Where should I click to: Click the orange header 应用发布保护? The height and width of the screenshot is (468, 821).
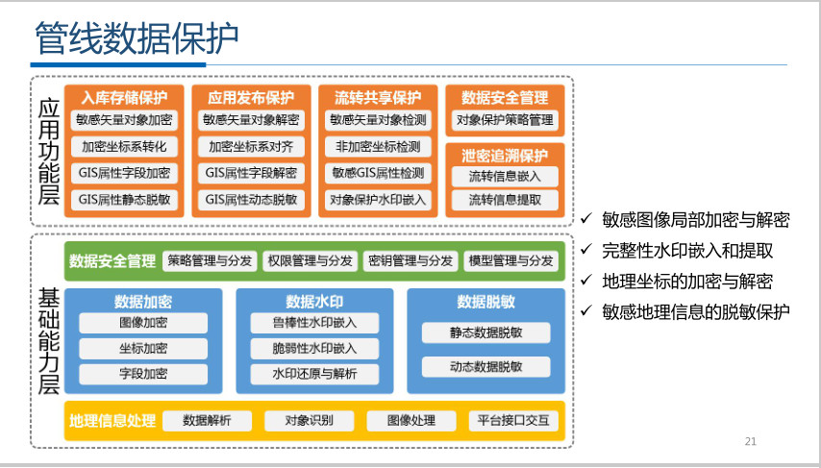[x=251, y=97]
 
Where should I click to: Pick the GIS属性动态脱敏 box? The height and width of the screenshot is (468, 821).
[x=251, y=200]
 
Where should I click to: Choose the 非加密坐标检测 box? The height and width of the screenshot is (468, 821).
[x=378, y=147]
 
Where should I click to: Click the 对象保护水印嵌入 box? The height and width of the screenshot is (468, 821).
[x=378, y=200]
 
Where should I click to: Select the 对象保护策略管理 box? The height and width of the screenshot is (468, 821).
[x=505, y=121]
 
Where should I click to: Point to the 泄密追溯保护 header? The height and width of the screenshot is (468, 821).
[x=505, y=155]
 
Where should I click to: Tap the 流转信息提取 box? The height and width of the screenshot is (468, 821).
[x=505, y=200]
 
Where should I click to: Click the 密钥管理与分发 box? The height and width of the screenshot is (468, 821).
[x=410, y=260]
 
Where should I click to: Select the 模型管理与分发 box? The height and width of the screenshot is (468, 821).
[x=510, y=260]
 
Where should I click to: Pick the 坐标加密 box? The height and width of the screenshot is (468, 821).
[x=143, y=349]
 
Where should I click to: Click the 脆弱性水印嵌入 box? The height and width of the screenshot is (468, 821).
[x=314, y=349]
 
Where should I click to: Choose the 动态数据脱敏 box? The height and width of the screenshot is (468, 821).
[x=485, y=366]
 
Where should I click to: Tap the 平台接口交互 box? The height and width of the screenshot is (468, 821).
[x=512, y=421]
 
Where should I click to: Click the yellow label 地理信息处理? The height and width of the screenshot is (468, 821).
[x=112, y=421]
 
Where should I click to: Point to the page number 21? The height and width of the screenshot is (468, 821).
[x=751, y=441]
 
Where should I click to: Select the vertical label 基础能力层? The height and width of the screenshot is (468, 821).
[x=48, y=340]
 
